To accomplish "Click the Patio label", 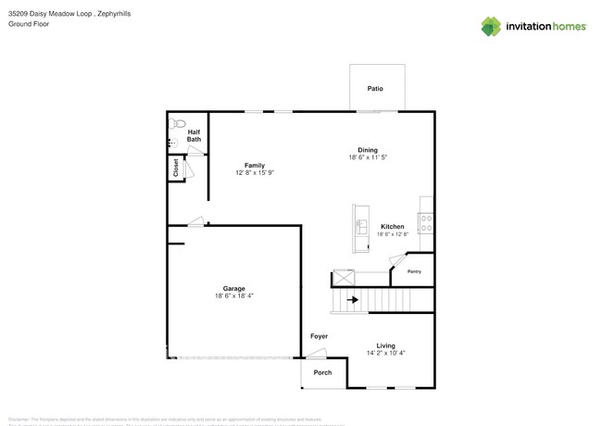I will [x=375, y=89].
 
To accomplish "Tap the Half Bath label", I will [x=194, y=135].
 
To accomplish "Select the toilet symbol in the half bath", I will [x=177, y=122].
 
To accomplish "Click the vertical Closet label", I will [x=175, y=168].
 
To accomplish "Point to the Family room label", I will [x=255, y=165].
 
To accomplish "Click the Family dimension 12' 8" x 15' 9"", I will [x=255, y=172].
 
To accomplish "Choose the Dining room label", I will [x=368, y=150].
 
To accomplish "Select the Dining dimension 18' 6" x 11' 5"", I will [x=368, y=157].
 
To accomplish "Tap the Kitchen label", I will [x=393, y=226].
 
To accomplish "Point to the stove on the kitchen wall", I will [x=427, y=222].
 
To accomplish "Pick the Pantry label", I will [x=414, y=271].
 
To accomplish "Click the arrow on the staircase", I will [x=352, y=299].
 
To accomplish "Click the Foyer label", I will [x=319, y=336].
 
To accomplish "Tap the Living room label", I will [x=385, y=345].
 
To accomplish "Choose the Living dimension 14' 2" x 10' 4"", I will [x=385, y=353].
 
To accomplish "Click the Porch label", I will [x=322, y=372].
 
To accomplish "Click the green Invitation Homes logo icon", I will [x=491, y=27].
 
